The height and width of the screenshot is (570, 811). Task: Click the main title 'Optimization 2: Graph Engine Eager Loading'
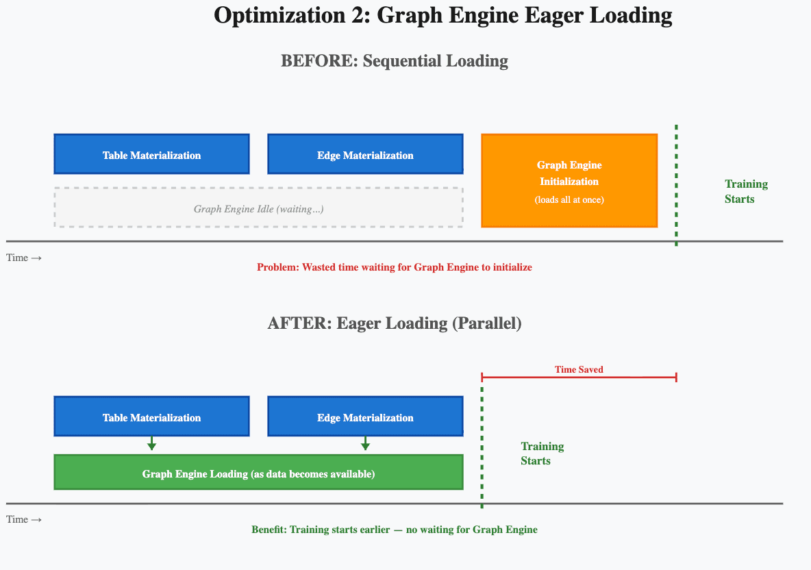(442, 15)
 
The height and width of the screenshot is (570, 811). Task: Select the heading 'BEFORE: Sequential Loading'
(395, 61)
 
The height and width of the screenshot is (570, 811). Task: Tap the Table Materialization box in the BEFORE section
(151, 155)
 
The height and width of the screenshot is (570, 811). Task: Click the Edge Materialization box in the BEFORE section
(365, 155)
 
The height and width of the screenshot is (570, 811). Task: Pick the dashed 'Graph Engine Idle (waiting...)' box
(258, 208)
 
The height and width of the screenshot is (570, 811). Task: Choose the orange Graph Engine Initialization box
(569, 179)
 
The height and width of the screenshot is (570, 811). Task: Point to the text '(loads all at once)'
(569, 200)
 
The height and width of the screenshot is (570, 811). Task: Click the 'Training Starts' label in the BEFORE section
(746, 192)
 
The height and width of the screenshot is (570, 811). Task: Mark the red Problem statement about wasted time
(395, 267)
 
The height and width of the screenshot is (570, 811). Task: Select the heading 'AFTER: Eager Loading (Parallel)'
(395, 323)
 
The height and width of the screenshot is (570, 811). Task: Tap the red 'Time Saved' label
(579, 369)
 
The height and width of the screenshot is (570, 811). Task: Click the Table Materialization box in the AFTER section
(151, 417)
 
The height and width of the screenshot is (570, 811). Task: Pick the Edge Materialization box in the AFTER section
(365, 417)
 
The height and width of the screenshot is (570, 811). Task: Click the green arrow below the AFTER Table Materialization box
(152, 444)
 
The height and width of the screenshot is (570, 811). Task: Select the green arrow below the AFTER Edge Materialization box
(365, 444)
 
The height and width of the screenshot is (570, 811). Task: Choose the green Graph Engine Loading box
(258, 473)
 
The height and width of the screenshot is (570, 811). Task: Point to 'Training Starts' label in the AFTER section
(542, 454)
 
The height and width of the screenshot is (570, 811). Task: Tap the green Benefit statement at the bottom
(395, 530)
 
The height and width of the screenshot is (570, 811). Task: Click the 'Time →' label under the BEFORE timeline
(24, 258)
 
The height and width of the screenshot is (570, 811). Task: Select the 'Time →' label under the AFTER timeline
(24, 519)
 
